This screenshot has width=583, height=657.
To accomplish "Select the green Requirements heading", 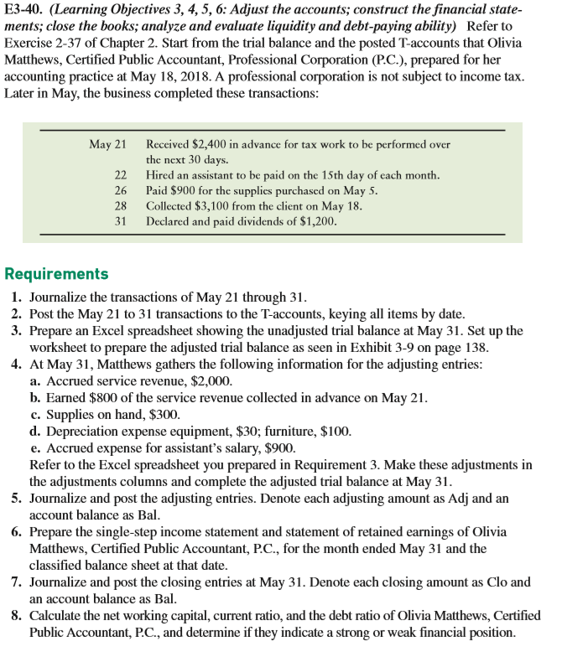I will (56, 274).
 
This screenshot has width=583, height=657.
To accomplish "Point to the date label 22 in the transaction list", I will (120, 174).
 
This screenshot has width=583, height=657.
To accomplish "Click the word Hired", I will (160, 174).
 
